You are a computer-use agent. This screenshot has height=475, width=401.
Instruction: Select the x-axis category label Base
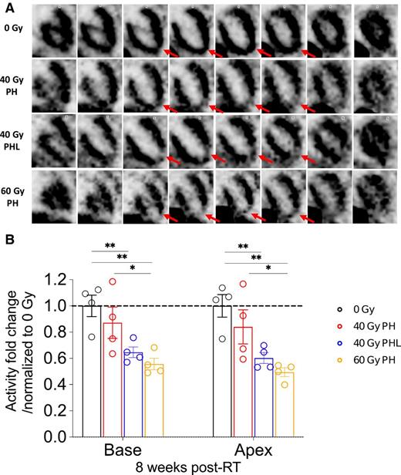click(x=123, y=450)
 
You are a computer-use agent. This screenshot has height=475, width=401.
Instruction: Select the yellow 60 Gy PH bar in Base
click(x=156, y=400)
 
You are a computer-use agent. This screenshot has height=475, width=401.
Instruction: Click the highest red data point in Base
click(x=113, y=281)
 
